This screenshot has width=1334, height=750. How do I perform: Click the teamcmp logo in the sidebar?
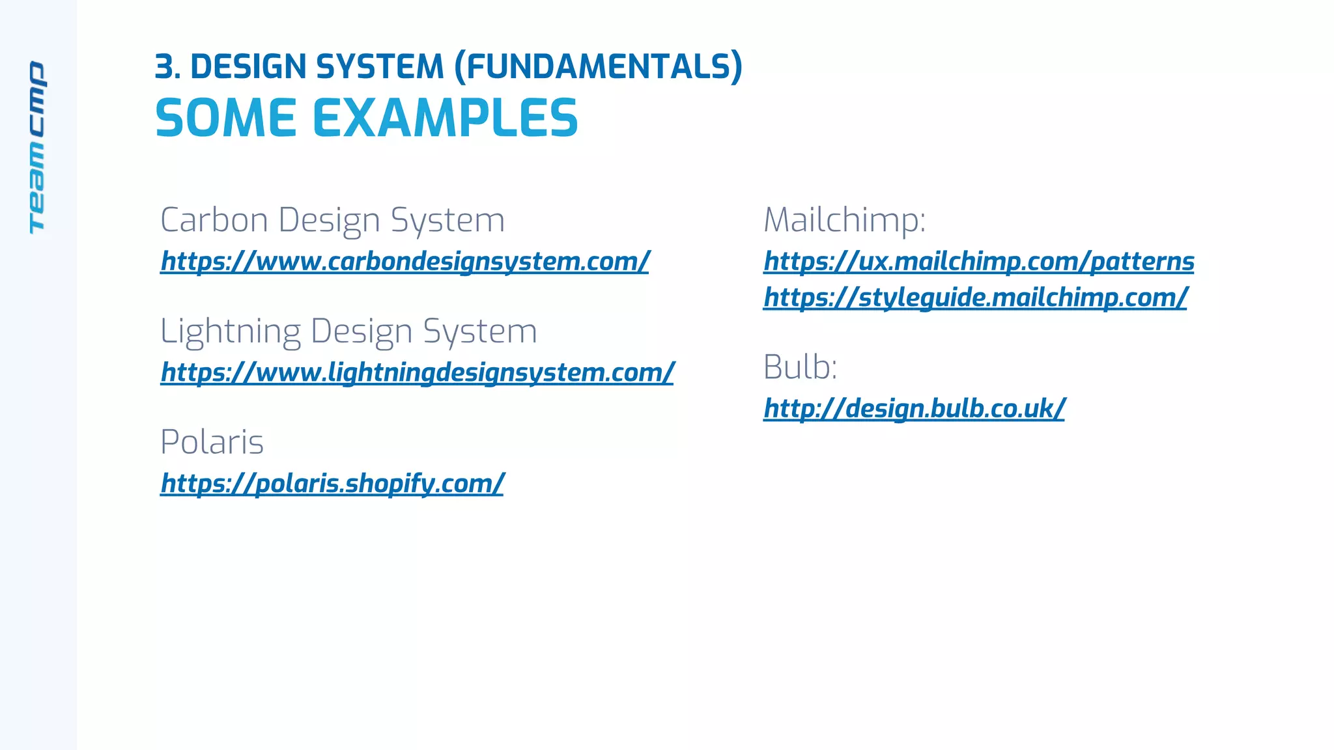pyautogui.click(x=37, y=147)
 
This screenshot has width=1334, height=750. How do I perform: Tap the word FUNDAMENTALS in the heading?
pyautogui.click(x=598, y=67)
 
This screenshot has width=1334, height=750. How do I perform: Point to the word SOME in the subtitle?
pyautogui.click(x=226, y=118)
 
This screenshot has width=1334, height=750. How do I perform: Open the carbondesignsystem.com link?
pyautogui.click(x=404, y=261)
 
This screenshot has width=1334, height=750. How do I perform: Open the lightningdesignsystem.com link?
pyautogui.click(x=417, y=372)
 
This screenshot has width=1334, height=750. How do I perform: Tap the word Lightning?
pyautogui.click(x=230, y=331)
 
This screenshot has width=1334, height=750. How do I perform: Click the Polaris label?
pyautogui.click(x=212, y=442)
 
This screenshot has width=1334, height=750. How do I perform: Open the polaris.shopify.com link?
pyautogui.click(x=332, y=483)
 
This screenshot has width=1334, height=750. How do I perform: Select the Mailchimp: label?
pyautogui.click(x=844, y=220)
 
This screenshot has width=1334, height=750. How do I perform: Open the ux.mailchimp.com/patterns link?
pyautogui.click(x=978, y=261)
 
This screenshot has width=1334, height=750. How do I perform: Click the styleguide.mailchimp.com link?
pyautogui.click(x=975, y=298)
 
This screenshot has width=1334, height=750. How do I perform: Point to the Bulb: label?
pyautogui.click(x=800, y=367)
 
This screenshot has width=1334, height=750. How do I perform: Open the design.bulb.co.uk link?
pyautogui.click(x=914, y=409)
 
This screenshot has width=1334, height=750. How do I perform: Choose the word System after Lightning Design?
pyautogui.click(x=480, y=331)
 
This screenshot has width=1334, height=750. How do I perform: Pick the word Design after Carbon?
pyautogui.click(x=330, y=220)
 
